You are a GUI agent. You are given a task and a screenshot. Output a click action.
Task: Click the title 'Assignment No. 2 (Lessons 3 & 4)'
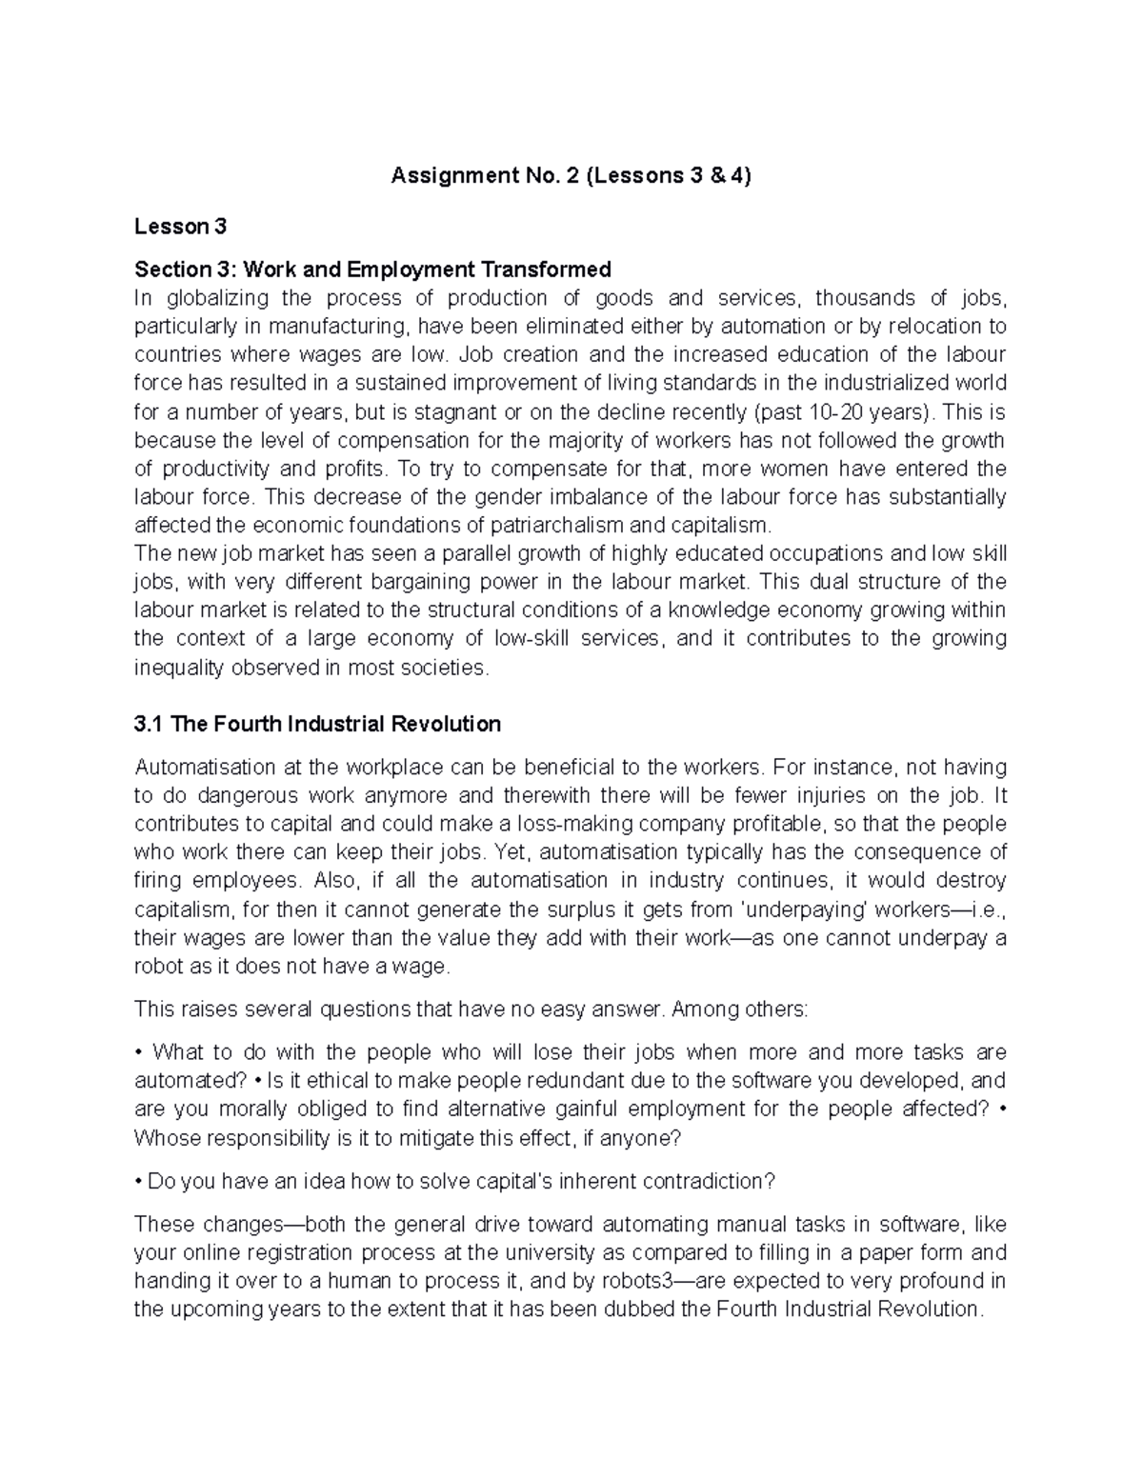(x=571, y=176)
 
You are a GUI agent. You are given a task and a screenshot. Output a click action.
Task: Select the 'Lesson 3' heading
(x=180, y=227)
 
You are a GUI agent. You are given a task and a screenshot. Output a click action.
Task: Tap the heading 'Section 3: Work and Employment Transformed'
(x=372, y=270)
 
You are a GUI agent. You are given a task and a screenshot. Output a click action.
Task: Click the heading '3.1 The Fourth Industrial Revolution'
(x=317, y=724)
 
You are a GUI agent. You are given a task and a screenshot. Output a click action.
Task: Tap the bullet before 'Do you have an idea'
(x=138, y=1182)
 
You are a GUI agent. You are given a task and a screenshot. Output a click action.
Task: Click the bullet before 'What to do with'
(x=138, y=1052)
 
